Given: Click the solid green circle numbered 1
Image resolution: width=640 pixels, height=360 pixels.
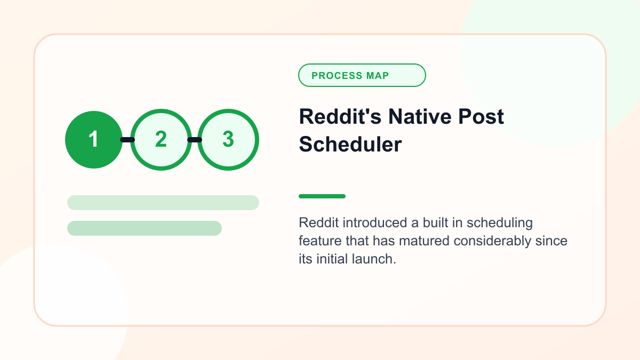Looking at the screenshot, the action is [94, 140].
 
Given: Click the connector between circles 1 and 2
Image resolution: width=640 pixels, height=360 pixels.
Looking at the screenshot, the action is [127, 140].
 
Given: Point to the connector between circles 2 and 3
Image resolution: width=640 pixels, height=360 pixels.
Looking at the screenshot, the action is [195, 140].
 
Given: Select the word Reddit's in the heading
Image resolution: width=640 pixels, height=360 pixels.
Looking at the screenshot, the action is [340, 117].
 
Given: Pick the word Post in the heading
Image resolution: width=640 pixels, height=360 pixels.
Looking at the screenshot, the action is [481, 117].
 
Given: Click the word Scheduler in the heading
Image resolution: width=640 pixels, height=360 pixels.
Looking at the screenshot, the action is [350, 145].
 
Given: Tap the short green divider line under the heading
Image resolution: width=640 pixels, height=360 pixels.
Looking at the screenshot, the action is [322, 196].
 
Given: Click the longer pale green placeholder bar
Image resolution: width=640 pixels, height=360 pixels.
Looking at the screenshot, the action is [163, 203].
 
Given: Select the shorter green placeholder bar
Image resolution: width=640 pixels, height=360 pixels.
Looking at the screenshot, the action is [145, 228].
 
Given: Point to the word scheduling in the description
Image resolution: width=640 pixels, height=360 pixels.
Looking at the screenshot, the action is [500, 223].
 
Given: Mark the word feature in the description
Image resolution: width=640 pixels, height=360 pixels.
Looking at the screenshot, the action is [321, 241].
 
